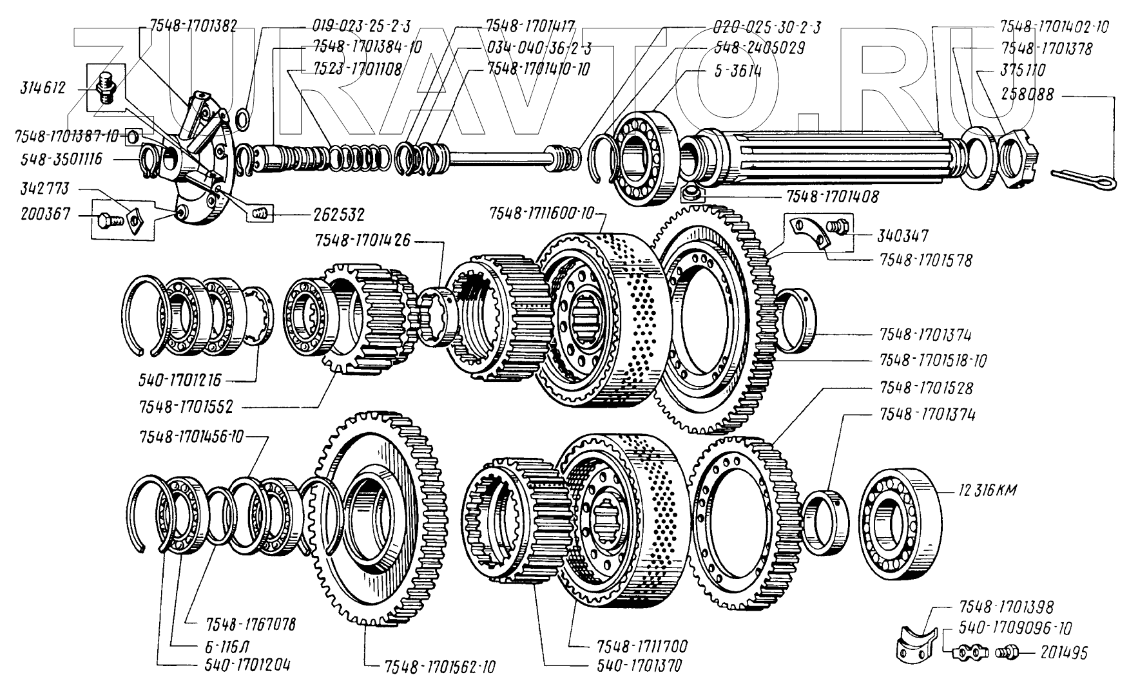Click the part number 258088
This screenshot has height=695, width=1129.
click(1027, 94)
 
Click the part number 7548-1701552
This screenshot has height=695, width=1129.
click(186, 407)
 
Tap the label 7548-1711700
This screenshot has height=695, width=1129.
click(642, 646)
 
